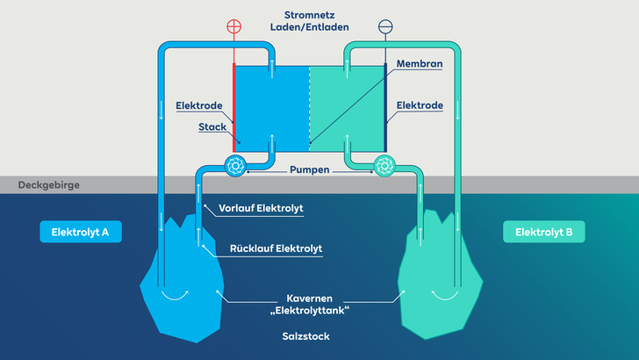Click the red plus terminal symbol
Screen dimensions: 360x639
coord(233,26)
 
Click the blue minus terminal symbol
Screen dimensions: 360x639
coord(384,26)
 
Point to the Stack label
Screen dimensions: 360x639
coord(212,126)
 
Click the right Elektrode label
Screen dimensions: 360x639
coord(420,105)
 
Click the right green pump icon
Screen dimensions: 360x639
coord(384,165)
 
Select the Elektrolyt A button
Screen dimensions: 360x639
coord(80,232)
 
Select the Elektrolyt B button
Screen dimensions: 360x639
coord(543,232)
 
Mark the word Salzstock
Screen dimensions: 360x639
coord(308,337)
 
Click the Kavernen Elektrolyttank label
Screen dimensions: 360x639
coord(308,303)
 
